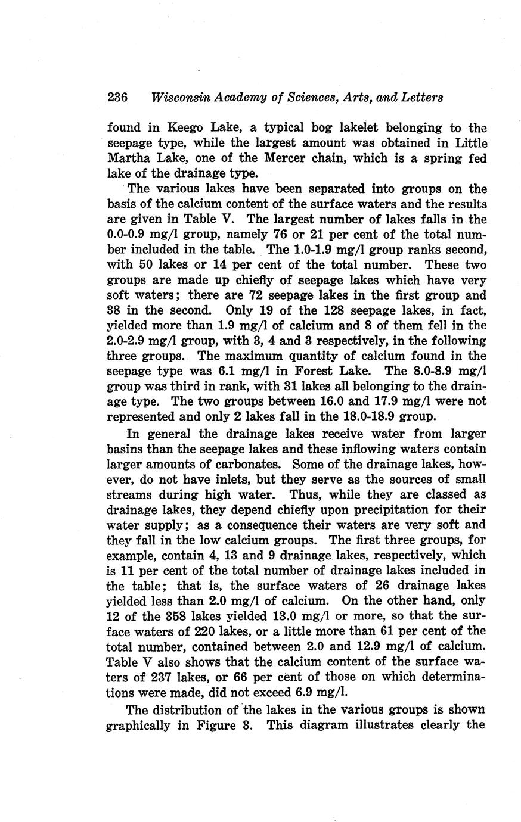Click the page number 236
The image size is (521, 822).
pyautogui.click(x=118, y=98)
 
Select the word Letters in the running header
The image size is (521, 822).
pyautogui.click(x=423, y=98)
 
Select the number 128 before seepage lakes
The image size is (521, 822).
pyautogui.click(x=335, y=310)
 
